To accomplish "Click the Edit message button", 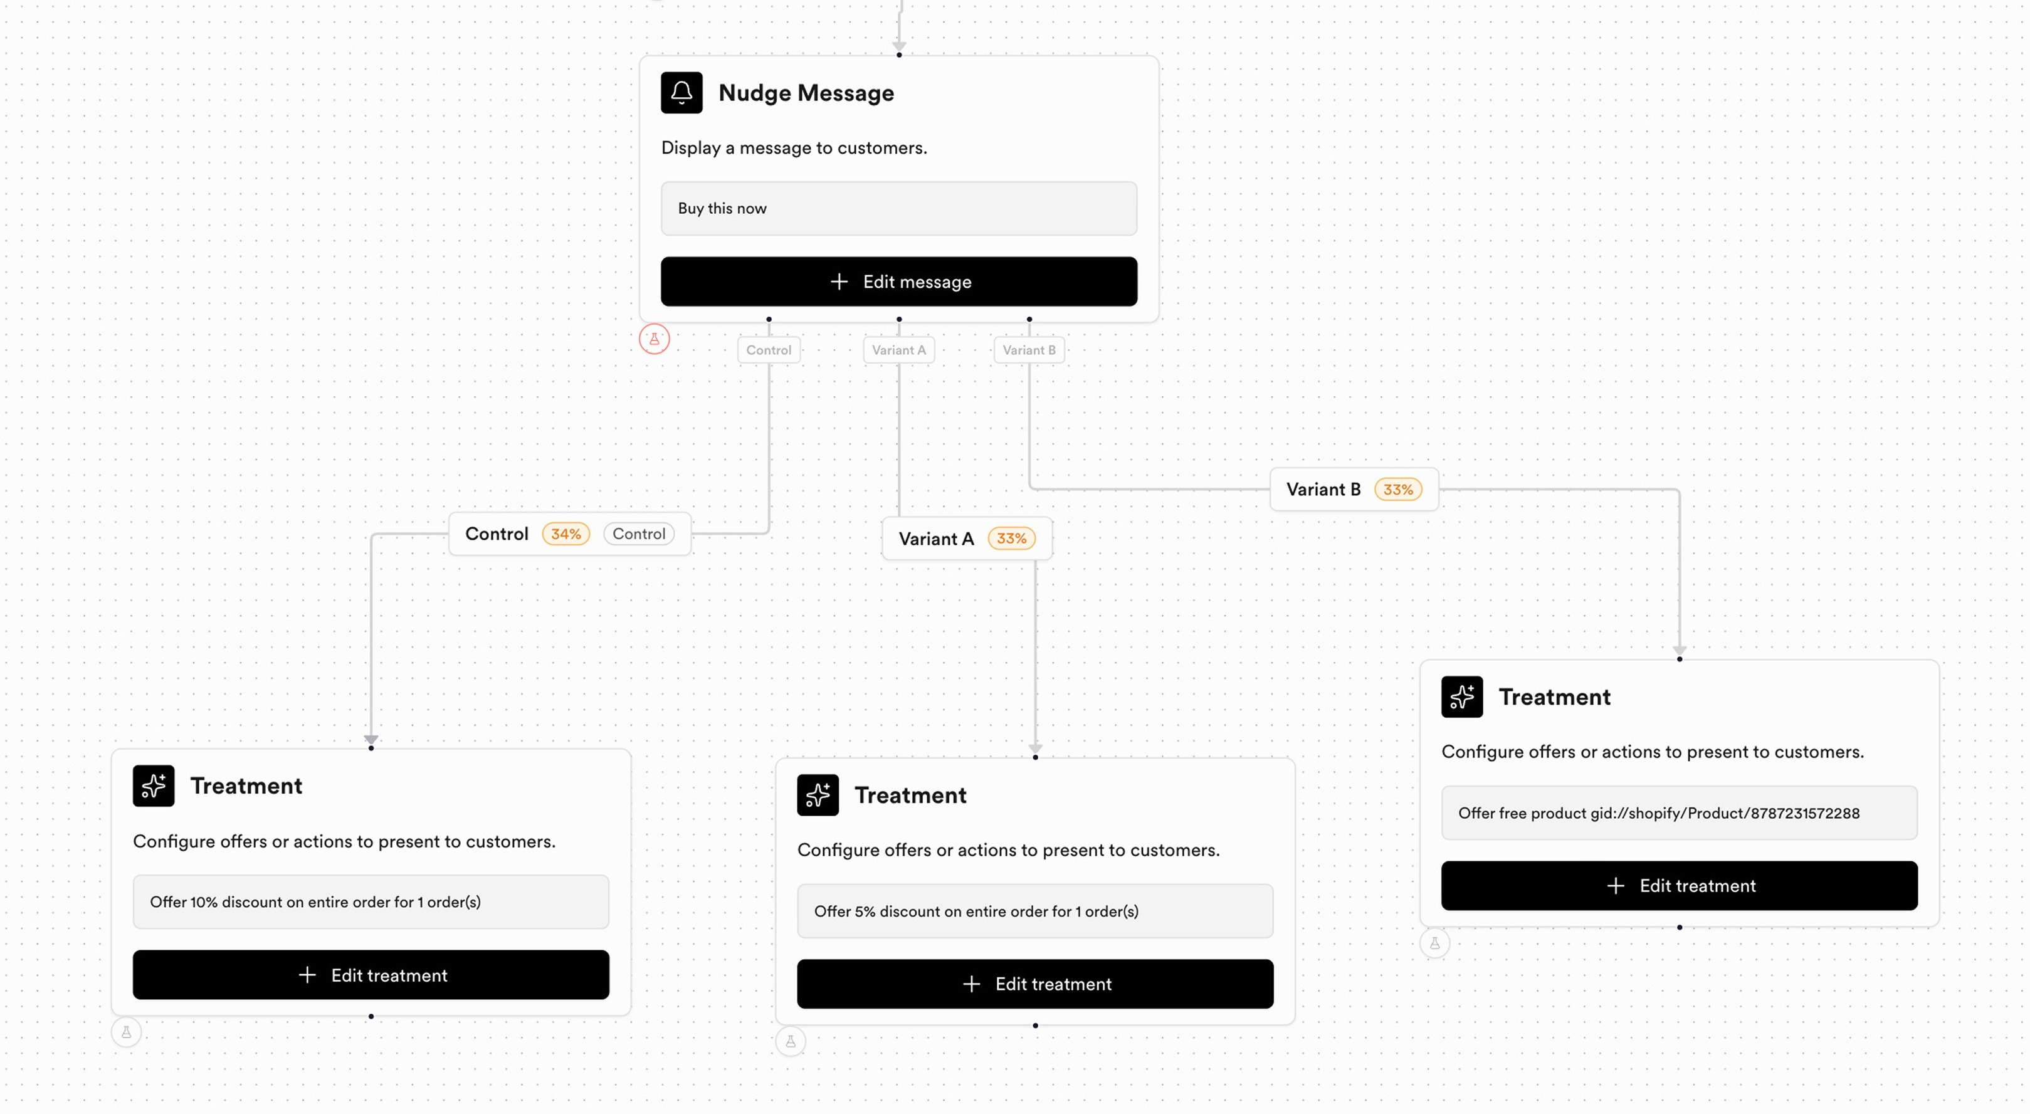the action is coord(898,281).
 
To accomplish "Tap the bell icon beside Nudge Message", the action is coord(681,93).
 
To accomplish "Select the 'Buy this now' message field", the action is coord(898,209).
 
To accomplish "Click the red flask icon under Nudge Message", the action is coord(654,339).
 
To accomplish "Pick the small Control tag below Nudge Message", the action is coord(769,350).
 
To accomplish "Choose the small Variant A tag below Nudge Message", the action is coord(898,350).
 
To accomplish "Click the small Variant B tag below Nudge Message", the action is coord(1029,350).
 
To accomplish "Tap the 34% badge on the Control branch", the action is coord(566,534).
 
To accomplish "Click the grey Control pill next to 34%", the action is coord(639,534).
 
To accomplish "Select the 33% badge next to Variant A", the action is coord(1012,539).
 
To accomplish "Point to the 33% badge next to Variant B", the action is coord(1399,489).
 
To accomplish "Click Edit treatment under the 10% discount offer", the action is coord(371,975).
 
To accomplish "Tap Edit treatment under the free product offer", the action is coord(1680,886).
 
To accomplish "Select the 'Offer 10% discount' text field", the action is coord(371,901).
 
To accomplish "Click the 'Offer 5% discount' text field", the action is coord(1036,911).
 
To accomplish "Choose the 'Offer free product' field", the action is coord(1680,813).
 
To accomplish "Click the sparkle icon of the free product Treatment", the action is coord(1462,697).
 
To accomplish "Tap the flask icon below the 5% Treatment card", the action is coord(791,1041).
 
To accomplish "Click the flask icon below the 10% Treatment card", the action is coord(126,1032).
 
